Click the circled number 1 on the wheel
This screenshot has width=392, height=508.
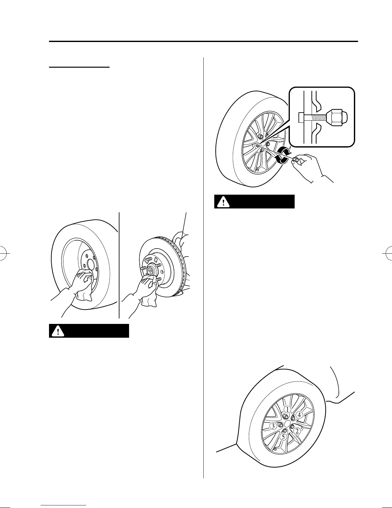pos(288,410)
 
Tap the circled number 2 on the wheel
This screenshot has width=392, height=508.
pos(297,431)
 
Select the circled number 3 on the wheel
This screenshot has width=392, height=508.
pos(273,426)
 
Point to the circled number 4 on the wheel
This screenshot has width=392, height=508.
pos(299,415)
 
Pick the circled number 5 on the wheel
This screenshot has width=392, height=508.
pos(283,436)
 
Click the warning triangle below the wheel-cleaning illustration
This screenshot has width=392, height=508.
pos(58,331)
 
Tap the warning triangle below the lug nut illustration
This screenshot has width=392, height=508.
pos(223,202)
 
